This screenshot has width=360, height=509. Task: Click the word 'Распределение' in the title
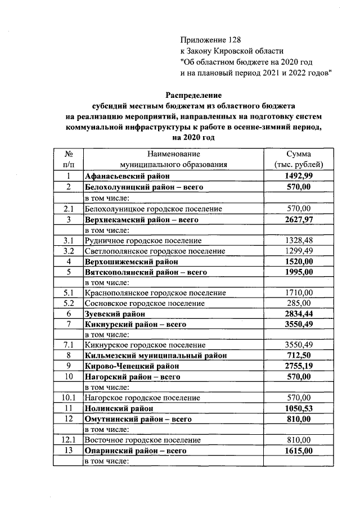(194, 95)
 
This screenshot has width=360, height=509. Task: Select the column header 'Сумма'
(298, 154)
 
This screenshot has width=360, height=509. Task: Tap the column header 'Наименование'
(173, 154)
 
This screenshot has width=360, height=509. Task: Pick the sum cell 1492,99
(298, 177)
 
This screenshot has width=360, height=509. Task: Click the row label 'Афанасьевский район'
(123, 177)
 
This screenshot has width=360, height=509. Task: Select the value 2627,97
(298, 219)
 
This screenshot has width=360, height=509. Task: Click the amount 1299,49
(298, 250)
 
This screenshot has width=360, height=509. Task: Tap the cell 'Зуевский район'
(114, 313)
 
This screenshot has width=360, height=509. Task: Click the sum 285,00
(298, 303)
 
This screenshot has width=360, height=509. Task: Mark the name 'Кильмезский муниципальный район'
(156, 355)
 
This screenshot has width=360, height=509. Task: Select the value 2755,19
(298, 366)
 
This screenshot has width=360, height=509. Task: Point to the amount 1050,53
(298, 408)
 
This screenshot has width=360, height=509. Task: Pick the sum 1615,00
(298, 451)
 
